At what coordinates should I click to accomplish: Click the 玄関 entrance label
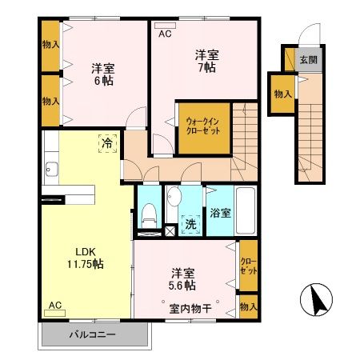[308, 60]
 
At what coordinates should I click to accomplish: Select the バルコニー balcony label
[92, 334]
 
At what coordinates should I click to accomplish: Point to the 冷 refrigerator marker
[107, 144]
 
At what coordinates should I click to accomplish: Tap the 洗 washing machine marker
[190, 225]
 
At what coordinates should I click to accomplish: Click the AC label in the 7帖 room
[165, 34]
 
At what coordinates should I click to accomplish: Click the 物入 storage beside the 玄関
[282, 94]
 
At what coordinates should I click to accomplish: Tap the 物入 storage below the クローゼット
[248, 306]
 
